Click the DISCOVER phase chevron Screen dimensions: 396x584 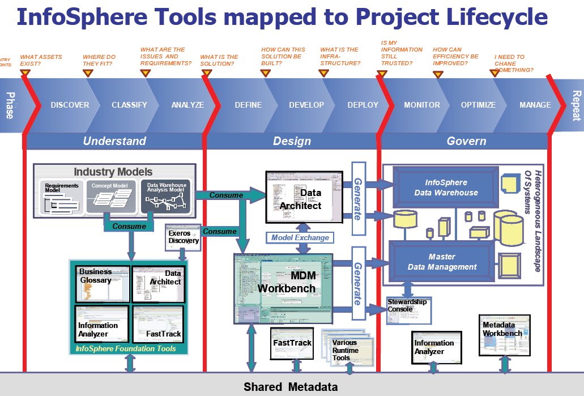(70, 105)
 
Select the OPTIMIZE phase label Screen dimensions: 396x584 (478, 105)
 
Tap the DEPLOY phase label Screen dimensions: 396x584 (363, 105)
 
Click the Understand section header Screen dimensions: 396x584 (114, 141)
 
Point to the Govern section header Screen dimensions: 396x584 (466, 141)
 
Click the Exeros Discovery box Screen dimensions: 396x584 (184, 237)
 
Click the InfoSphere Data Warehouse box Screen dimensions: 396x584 (446, 188)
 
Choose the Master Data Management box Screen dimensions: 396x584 (445, 262)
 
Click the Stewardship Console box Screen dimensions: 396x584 (407, 309)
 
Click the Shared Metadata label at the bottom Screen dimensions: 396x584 (291, 387)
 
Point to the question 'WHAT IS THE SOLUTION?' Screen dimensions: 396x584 (219, 60)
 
